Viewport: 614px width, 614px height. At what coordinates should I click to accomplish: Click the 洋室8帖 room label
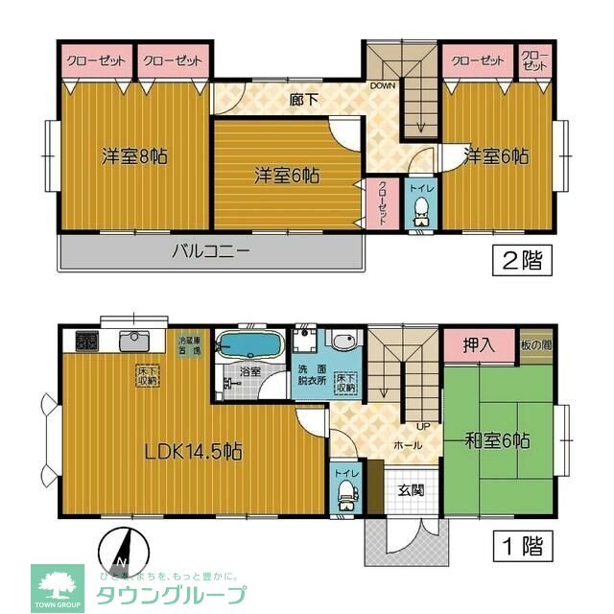click(135, 154)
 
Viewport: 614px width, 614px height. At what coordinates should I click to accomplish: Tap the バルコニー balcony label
click(211, 253)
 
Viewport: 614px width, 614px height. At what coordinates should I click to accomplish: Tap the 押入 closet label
click(478, 345)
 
